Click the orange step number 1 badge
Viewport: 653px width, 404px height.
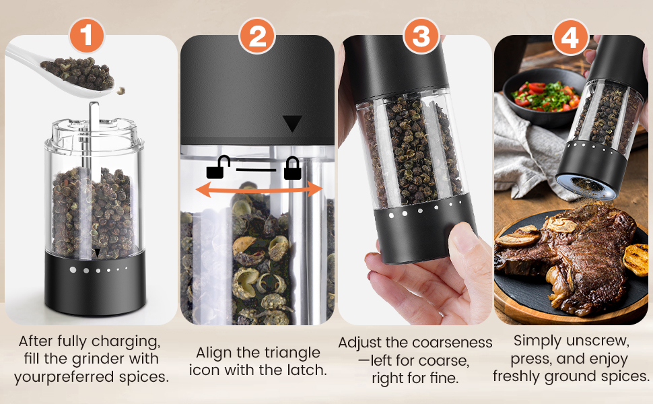88,36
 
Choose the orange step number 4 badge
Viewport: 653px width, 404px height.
570,37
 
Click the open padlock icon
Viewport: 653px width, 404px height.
217,168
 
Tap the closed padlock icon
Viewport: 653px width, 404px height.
292,168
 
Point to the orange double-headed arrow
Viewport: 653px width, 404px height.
258,191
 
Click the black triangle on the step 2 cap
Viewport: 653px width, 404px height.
292,123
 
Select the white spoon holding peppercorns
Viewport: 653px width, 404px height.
74,74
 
